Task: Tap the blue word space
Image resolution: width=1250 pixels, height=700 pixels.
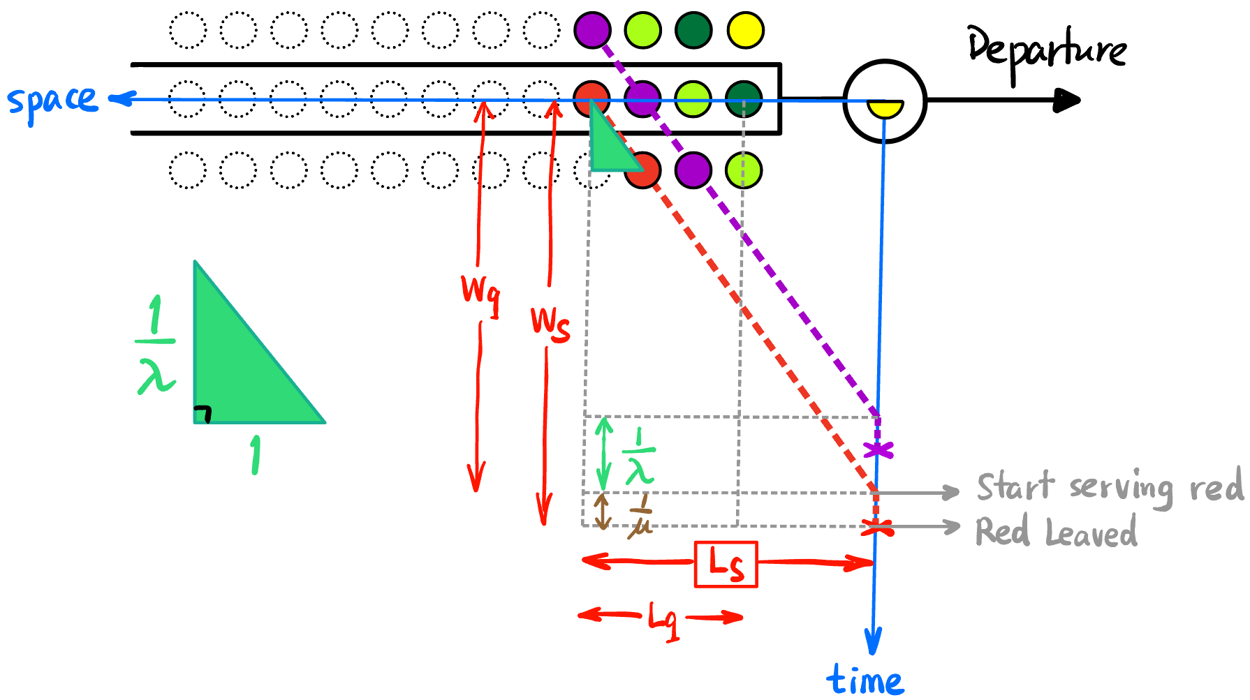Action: coord(52,101)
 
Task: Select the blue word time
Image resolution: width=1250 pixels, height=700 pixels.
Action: coord(865,679)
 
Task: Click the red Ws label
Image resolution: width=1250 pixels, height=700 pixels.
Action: coord(550,323)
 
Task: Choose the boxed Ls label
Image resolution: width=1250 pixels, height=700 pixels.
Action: coord(726,564)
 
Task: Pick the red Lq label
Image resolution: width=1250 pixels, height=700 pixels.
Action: coord(663,619)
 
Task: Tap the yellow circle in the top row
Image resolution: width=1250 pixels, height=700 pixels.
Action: coord(745,31)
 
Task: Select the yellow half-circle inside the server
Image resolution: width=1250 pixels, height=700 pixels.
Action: coord(885,108)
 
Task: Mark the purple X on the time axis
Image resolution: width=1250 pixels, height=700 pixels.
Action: coord(878,450)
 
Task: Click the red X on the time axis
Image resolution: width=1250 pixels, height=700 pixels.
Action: coord(876,528)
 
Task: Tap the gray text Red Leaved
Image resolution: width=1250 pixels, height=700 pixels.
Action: coord(1056,532)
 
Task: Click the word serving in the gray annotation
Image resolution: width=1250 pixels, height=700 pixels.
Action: coord(1121,487)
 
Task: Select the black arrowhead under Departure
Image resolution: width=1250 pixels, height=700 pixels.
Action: coord(1066,100)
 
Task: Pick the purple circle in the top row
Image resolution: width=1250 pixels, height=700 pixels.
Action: coord(592,31)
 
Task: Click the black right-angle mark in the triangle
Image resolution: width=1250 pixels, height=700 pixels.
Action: coord(203,414)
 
